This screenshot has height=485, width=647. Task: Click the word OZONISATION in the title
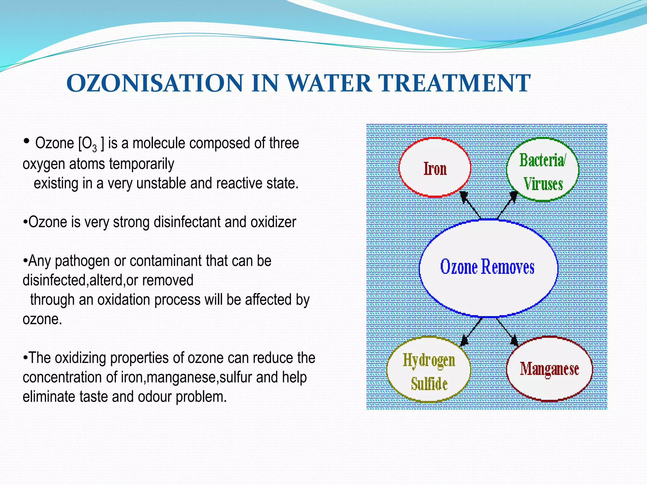[155, 83]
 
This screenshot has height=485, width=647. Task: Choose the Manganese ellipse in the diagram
[549, 369]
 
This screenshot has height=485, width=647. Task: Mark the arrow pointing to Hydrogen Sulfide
[472, 332]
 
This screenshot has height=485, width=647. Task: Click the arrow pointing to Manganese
[506, 332]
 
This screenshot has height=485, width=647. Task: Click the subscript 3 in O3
[94, 148]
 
